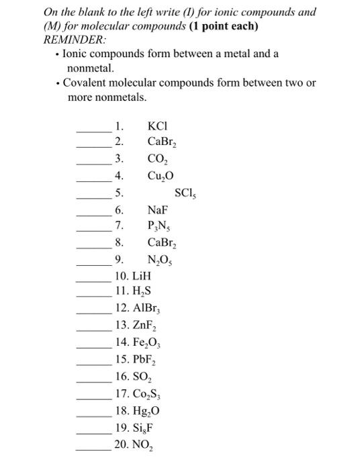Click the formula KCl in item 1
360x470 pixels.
pyautogui.click(x=156, y=126)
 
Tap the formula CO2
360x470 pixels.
pyautogui.click(x=158, y=159)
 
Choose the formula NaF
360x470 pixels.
pyautogui.click(x=158, y=210)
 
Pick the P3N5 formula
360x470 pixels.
pyautogui.click(x=159, y=226)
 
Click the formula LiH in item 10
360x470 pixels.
pyautogui.click(x=142, y=276)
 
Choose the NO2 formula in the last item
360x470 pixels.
pyautogui.click(x=143, y=444)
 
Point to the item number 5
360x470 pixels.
pyautogui.click(x=119, y=193)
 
